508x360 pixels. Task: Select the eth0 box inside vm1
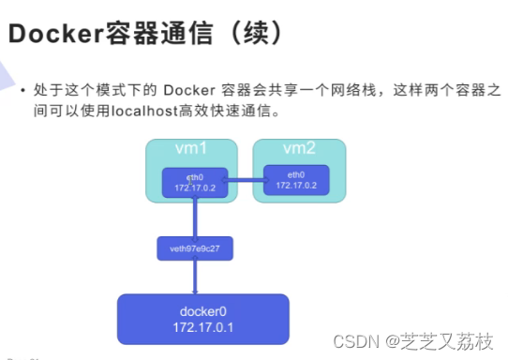click(x=194, y=183)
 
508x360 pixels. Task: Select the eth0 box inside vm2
click(x=296, y=180)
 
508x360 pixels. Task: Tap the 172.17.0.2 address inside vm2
click(x=296, y=186)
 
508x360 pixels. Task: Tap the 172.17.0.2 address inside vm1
click(x=194, y=189)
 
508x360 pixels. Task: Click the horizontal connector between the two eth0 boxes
click(x=245, y=181)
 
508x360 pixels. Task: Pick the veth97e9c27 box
click(x=194, y=248)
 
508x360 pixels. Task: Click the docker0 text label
click(x=204, y=310)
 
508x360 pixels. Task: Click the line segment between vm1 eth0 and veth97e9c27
click(x=194, y=218)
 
